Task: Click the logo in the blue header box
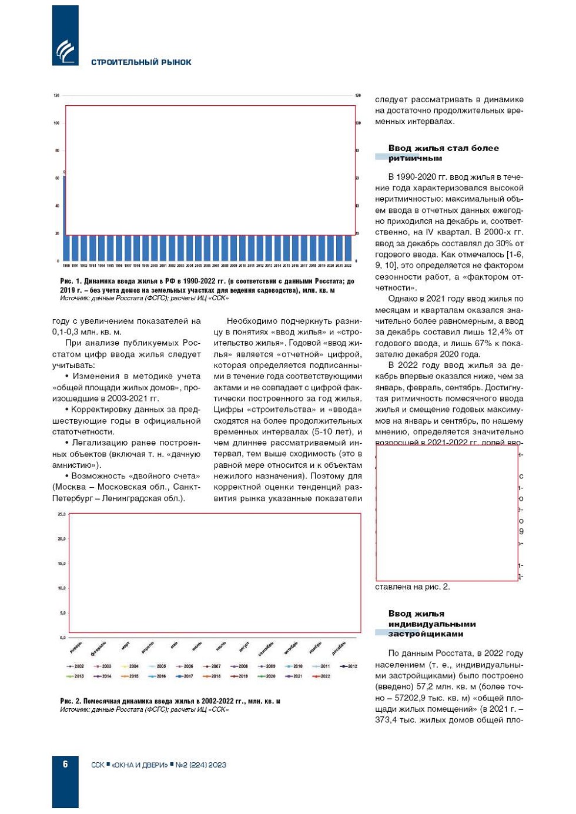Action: [x=65, y=52]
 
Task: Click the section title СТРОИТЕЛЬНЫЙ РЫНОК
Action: [x=141, y=62]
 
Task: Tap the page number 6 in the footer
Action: [x=65, y=764]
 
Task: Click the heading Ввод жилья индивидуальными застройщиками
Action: [x=431, y=624]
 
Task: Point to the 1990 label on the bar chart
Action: [x=66, y=266]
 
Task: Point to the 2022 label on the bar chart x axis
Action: [x=348, y=266]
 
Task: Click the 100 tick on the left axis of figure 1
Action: [x=57, y=123]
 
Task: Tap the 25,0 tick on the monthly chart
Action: [x=62, y=514]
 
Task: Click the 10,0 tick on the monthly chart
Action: [x=62, y=588]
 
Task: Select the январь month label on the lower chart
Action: [x=76, y=647]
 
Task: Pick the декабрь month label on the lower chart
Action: [x=339, y=648]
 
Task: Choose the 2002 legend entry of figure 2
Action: [x=76, y=666]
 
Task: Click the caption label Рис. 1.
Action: [x=71, y=282]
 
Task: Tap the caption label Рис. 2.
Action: [x=71, y=701]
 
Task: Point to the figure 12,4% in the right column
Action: [x=498, y=333]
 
